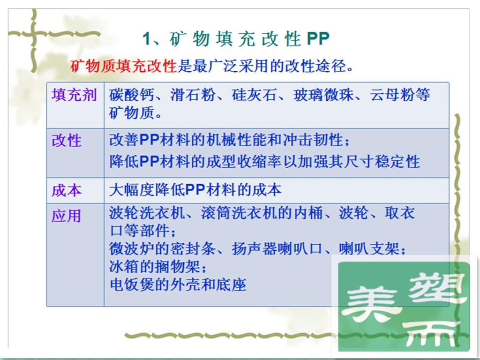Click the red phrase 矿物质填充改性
pos(124,66)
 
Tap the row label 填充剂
pos(74,95)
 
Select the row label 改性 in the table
pos(67,141)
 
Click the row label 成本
pos(67,190)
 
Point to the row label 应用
pos(67,216)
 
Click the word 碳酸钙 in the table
pos(132,95)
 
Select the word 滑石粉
pos(193,95)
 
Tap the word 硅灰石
pos(254,95)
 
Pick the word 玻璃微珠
pos(323,95)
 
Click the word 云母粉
pos(392,95)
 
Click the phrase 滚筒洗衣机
pos(239,213)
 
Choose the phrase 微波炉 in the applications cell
pos(132,248)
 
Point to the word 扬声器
pos(254,248)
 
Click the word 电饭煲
pos(132,285)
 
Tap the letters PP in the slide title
pos(318,39)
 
